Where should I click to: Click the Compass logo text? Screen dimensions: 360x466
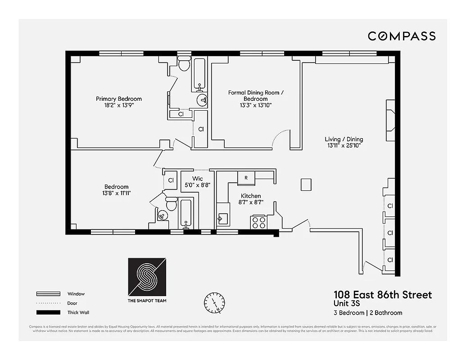(402, 36)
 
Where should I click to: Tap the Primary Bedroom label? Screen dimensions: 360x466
(118, 99)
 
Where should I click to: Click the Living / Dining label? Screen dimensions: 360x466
(344, 139)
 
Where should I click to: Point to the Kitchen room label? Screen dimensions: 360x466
(251, 196)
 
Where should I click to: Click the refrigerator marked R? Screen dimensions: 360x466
(246, 178)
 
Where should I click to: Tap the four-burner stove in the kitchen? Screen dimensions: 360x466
(259, 222)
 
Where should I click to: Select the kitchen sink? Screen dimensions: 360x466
(222, 219)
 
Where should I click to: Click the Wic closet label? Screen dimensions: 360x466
(198, 179)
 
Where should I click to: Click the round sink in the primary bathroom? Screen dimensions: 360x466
(202, 100)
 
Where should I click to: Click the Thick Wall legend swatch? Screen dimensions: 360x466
(48, 312)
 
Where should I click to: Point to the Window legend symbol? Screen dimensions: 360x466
(48, 294)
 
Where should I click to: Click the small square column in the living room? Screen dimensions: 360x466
(306, 184)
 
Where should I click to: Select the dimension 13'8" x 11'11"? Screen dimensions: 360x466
(116, 193)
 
